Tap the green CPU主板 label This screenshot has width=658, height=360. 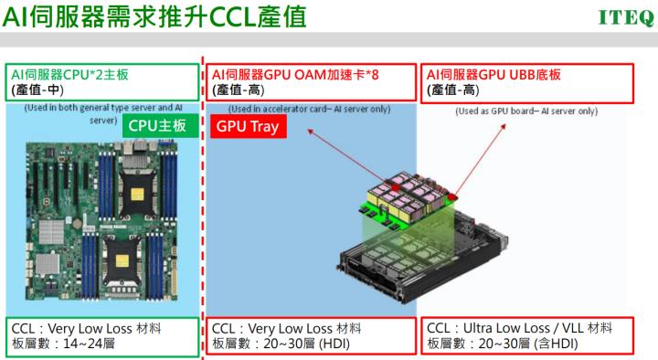(x=157, y=126)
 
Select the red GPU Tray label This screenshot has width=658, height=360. (x=249, y=126)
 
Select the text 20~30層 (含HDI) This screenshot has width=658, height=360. (x=515, y=344)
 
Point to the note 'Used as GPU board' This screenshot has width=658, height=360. (x=526, y=111)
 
